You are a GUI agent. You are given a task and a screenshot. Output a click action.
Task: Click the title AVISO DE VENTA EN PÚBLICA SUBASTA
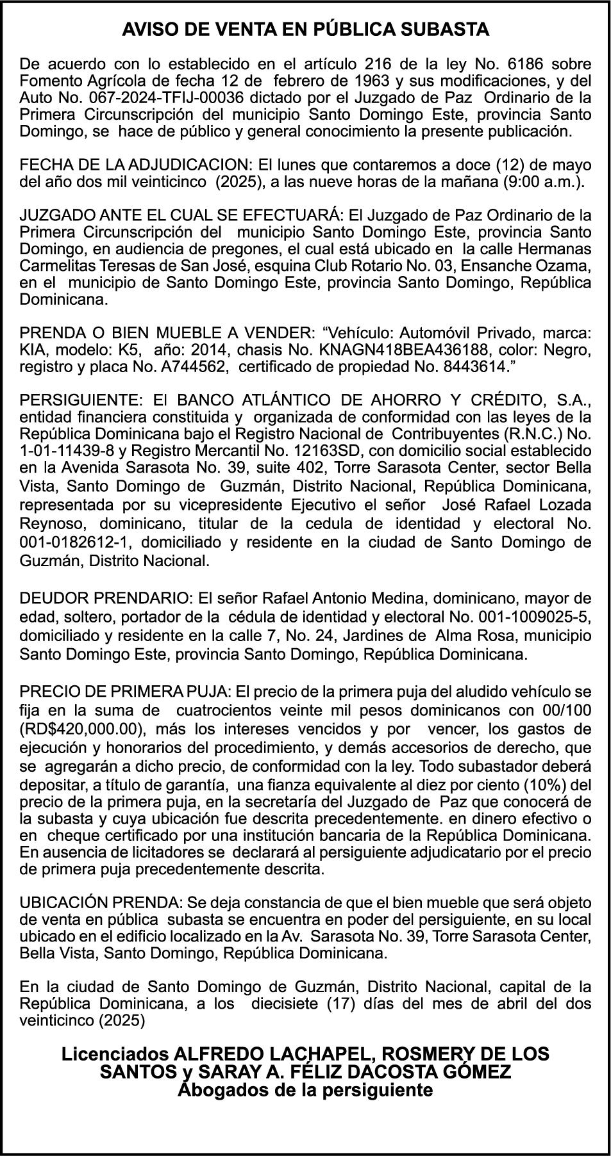[305, 29]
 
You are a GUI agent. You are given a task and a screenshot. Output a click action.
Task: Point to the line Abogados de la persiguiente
[305, 1089]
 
